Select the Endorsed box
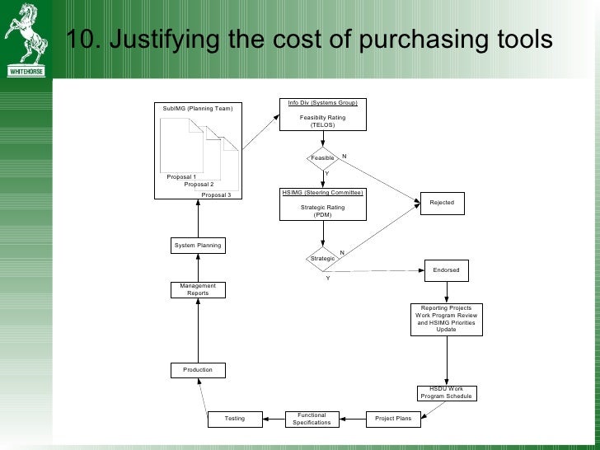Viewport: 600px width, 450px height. pyautogui.click(x=447, y=270)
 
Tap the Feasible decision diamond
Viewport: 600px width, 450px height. pyautogui.click(x=322, y=157)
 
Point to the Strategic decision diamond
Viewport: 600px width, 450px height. pyautogui.click(x=322, y=258)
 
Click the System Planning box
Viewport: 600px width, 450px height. pyautogui.click(x=198, y=246)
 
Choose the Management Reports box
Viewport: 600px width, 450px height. pyautogui.click(x=198, y=289)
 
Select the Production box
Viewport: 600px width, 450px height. pyautogui.click(x=198, y=370)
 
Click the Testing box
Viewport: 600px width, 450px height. pyautogui.click(x=235, y=419)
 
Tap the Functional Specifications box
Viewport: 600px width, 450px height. pyautogui.click(x=312, y=419)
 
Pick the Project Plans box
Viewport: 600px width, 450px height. pyautogui.click(x=393, y=419)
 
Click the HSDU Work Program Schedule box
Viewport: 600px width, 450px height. pyautogui.click(x=447, y=393)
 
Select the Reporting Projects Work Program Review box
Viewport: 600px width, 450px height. pyautogui.click(x=447, y=319)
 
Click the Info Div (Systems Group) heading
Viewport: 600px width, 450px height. pyautogui.click(x=322, y=103)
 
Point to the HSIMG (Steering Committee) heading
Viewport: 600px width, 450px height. pyautogui.click(x=322, y=193)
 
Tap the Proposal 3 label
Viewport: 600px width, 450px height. pyautogui.click(x=217, y=195)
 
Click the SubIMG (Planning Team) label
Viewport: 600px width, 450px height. pyautogui.click(x=198, y=109)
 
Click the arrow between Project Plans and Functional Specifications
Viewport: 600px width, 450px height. pyautogui.click(x=352, y=419)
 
